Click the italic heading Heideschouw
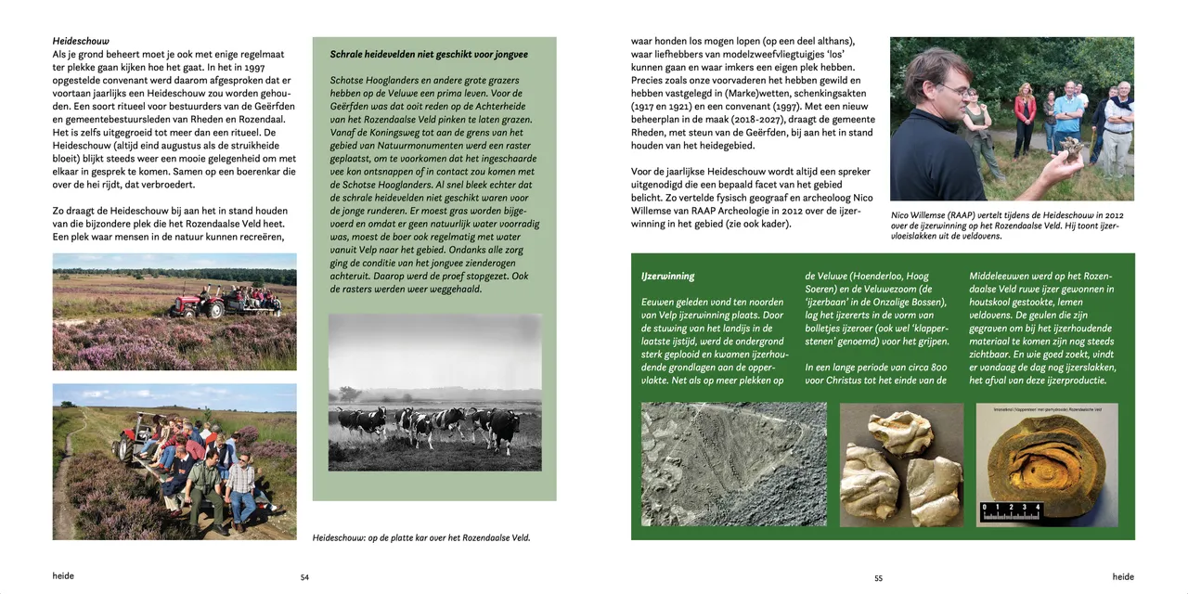point(81,41)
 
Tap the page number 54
point(304,577)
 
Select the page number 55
point(878,577)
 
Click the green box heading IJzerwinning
point(667,276)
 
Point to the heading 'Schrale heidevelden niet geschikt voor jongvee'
point(429,55)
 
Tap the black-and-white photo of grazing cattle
point(434,392)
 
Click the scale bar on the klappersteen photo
point(1011,510)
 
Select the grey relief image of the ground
point(733,464)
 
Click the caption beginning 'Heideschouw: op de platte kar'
point(421,537)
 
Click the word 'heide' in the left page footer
point(63,576)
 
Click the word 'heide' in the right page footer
point(1123,576)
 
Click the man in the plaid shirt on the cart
point(241,483)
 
